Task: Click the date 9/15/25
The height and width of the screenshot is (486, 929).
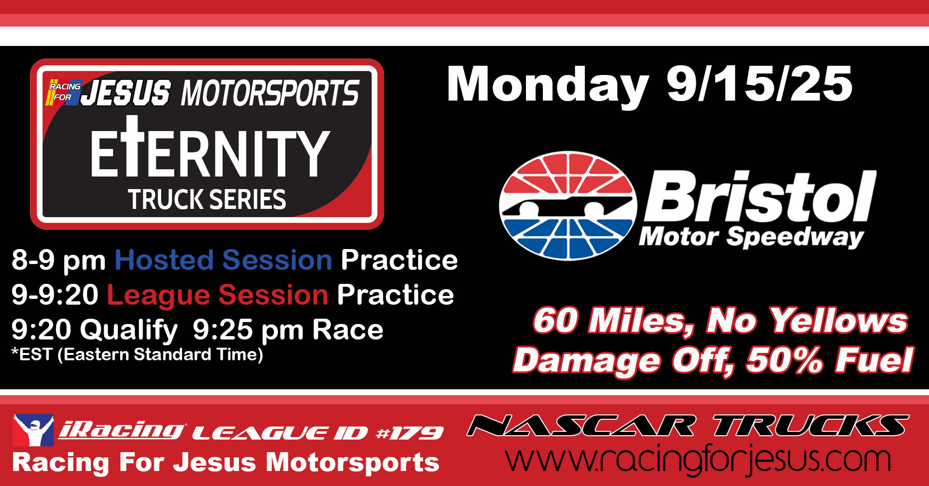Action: [x=759, y=84]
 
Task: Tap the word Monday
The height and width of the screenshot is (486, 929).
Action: [x=548, y=86]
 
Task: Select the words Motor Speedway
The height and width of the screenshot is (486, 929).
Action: [x=751, y=236]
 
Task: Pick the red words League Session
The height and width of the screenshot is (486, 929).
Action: [x=218, y=295]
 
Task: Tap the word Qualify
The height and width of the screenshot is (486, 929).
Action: [x=129, y=330]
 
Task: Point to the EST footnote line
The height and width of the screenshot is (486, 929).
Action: [x=137, y=354]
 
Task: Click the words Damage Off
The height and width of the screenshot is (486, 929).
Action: [x=623, y=361]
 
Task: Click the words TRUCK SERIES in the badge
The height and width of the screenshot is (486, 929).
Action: [x=207, y=199]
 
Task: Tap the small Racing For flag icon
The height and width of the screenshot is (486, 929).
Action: [x=64, y=92]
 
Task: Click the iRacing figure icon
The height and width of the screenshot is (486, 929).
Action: [x=33, y=430]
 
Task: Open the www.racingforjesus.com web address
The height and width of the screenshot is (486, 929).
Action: [x=698, y=459]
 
